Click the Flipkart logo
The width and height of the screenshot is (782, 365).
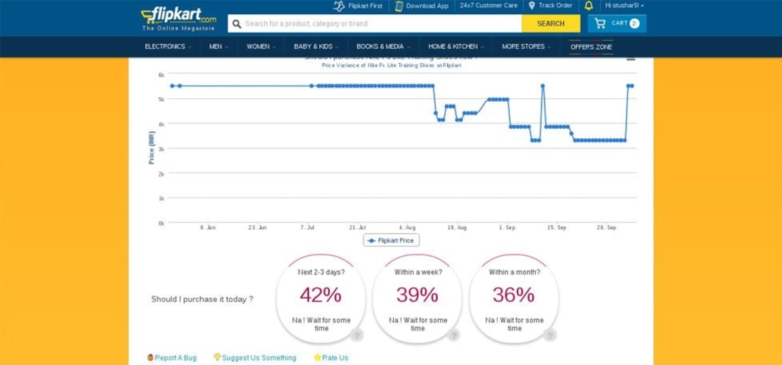[178, 16]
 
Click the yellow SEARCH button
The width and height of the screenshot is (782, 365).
[550, 23]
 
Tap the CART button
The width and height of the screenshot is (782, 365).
[617, 23]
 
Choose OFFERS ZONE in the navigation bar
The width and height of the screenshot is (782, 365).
[591, 47]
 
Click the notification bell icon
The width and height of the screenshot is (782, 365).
[589, 6]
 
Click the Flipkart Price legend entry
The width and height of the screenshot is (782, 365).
[391, 240]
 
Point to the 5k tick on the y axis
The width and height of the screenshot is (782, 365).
[161, 99]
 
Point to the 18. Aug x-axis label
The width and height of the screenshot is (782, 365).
[457, 228]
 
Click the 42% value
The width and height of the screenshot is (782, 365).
[321, 295]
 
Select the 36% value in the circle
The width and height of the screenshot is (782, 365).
[514, 295]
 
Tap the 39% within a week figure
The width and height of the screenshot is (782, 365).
[417, 295]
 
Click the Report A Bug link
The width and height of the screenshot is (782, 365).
[172, 358]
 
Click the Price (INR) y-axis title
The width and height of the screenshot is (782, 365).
[151, 148]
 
